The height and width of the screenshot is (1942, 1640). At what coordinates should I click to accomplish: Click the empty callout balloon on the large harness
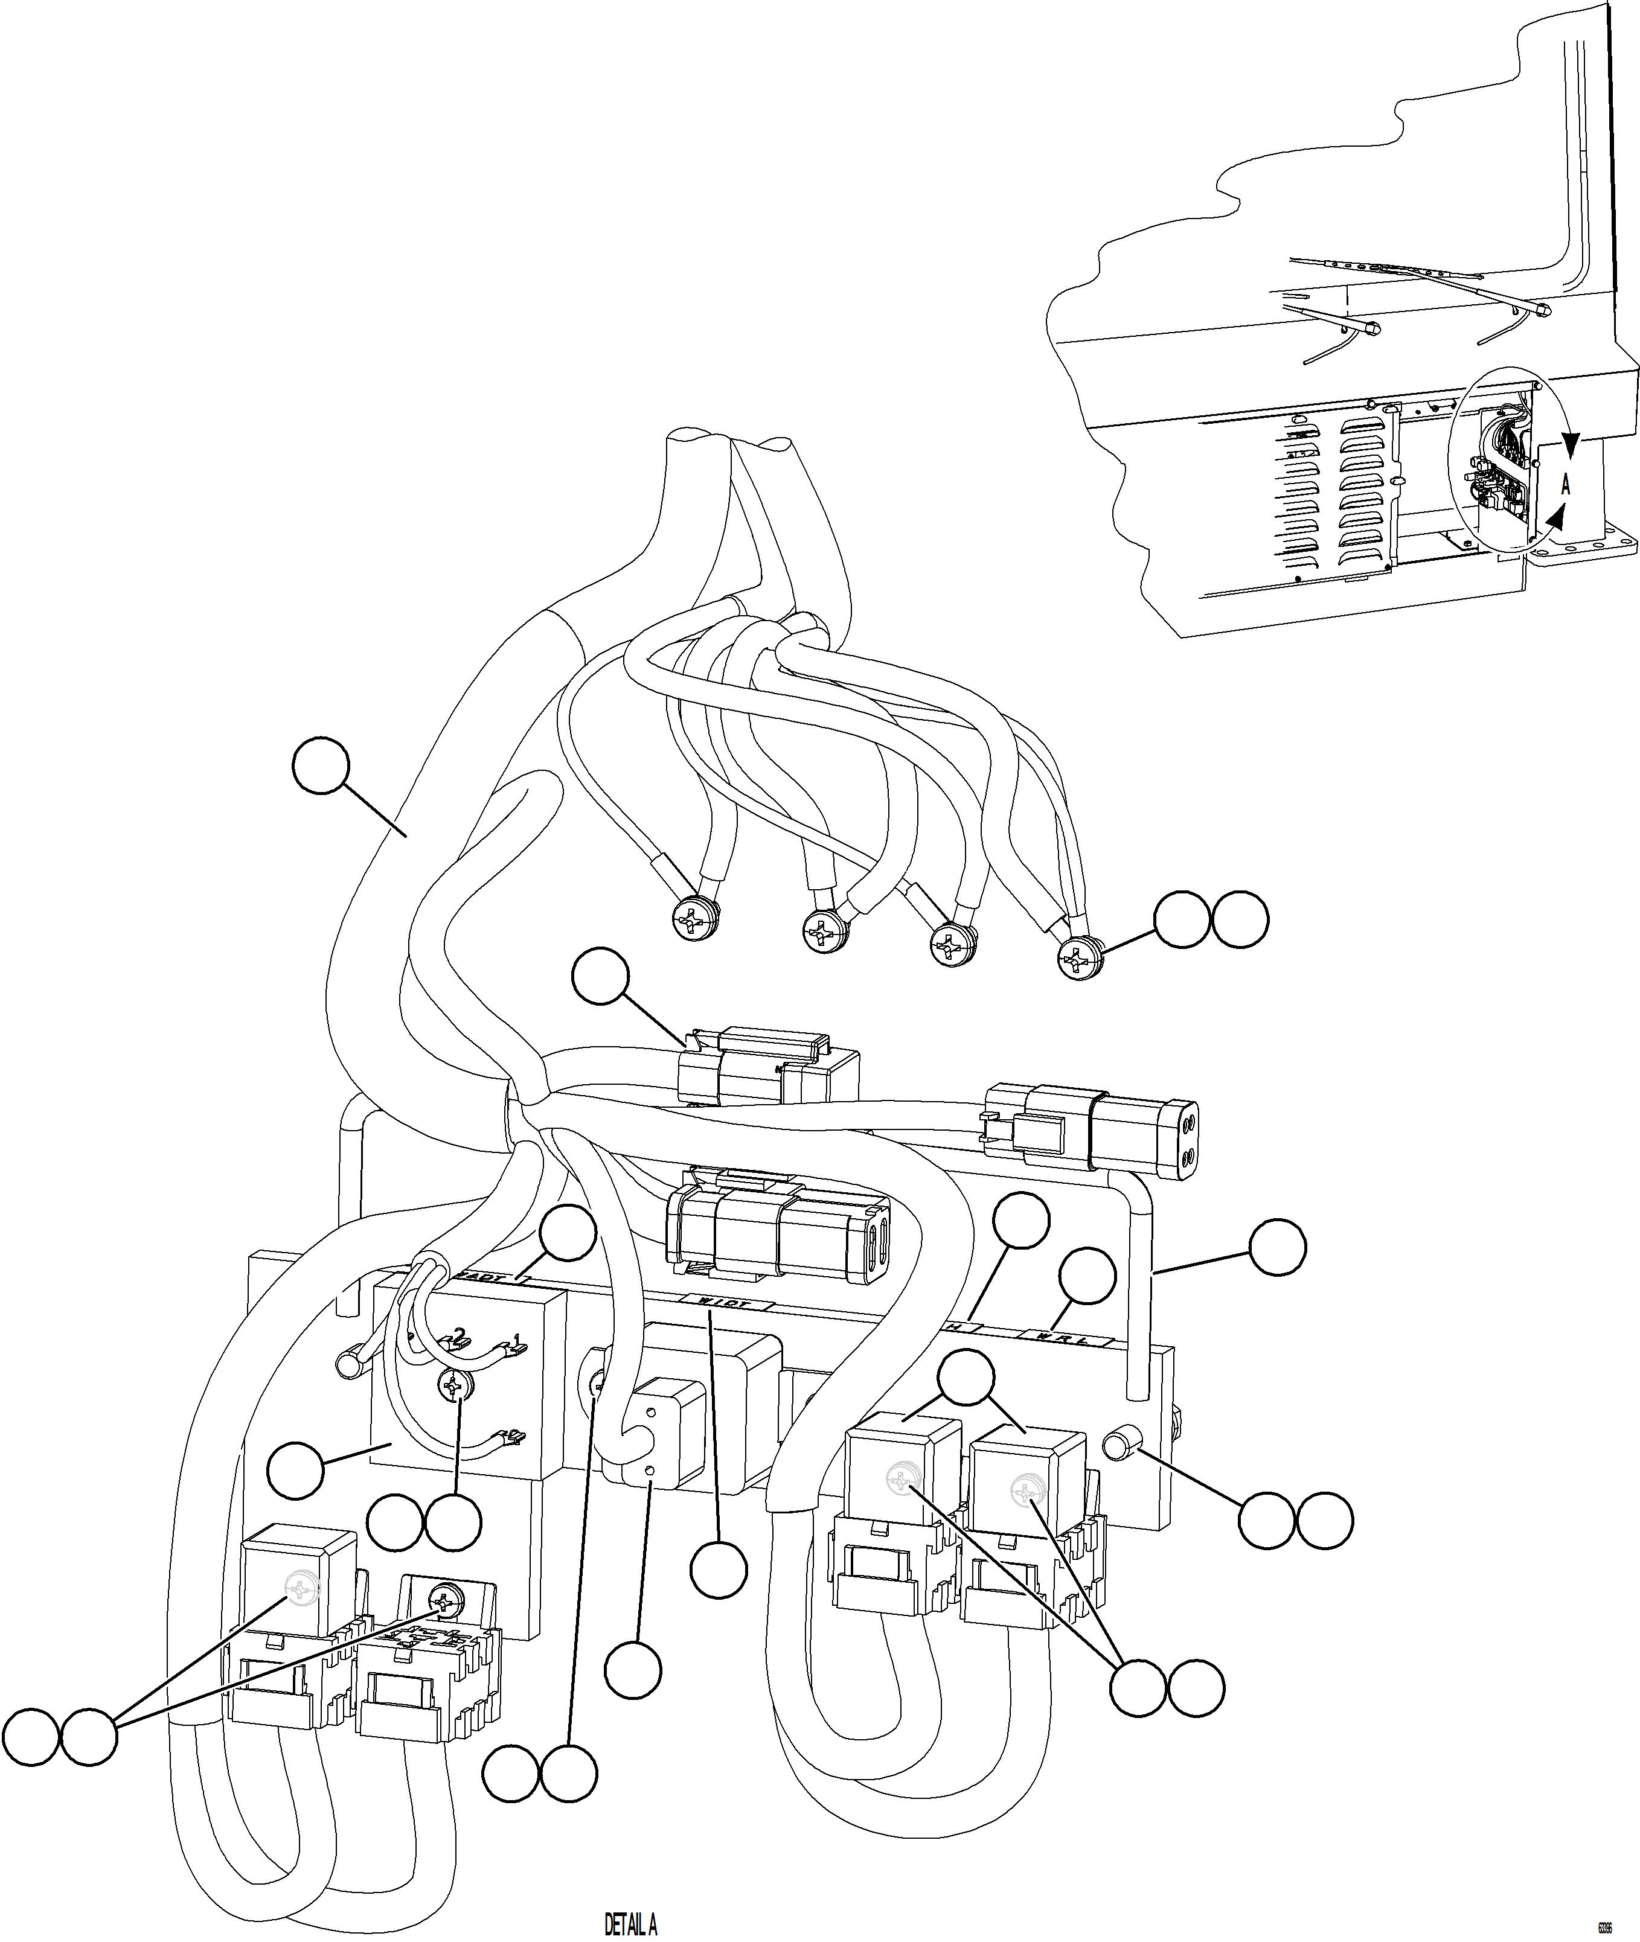[320, 765]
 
